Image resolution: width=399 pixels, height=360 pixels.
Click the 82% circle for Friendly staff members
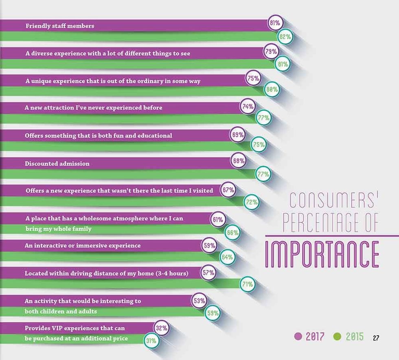click(285, 37)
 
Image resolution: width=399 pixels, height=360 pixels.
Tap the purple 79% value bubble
click(271, 52)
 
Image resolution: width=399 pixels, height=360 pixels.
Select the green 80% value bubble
click(272, 90)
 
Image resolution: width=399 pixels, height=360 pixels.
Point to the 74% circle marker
click(248, 107)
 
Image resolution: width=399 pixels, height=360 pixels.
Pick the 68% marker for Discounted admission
click(239, 161)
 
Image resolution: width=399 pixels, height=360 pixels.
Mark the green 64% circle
click(227, 257)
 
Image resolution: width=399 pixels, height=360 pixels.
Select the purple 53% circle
click(199, 301)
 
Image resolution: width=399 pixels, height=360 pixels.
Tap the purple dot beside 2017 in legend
click(298, 337)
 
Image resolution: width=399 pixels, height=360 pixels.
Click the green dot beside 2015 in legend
click(337, 337)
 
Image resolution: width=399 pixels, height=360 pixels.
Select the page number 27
click(376, 338)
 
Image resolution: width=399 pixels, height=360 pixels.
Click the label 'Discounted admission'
click(57, 164)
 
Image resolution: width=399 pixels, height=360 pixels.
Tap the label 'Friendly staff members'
click(60, 26)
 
